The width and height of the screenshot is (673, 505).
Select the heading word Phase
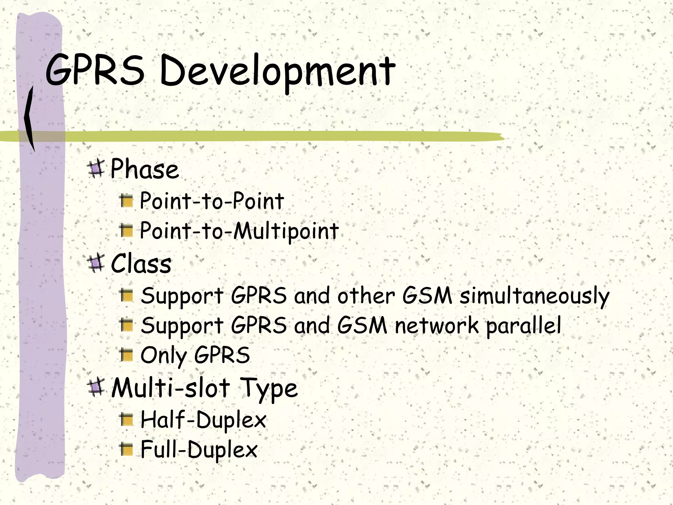coord(145,169)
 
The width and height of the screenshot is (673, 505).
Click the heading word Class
coord(141,264)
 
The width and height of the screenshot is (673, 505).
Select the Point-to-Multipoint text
coord(239,231)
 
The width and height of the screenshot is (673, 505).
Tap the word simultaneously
coord(534,296)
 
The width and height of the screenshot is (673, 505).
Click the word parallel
coord(523,325)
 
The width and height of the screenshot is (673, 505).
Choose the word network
coord(436,325)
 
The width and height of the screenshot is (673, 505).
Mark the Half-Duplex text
coord(203,420)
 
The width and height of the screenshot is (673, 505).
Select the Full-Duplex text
coord(199,449)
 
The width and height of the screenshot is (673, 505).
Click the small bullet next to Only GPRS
coord(127,355)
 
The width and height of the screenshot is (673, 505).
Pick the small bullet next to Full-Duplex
coord(127,449)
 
